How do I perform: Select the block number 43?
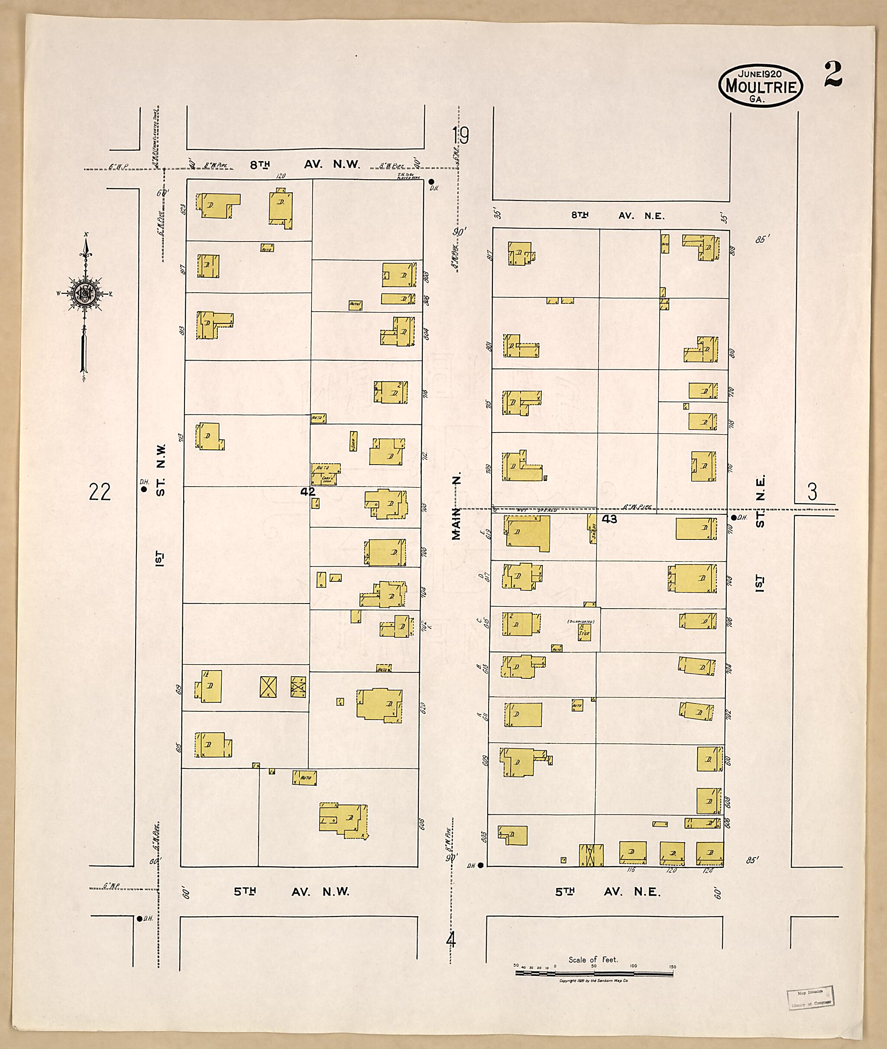609,519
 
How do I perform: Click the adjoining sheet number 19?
460,136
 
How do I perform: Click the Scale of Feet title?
593,959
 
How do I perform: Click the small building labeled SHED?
353,441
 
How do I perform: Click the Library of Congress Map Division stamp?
811,997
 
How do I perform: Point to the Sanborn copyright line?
593,981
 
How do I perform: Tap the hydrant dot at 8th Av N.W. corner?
431,181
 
